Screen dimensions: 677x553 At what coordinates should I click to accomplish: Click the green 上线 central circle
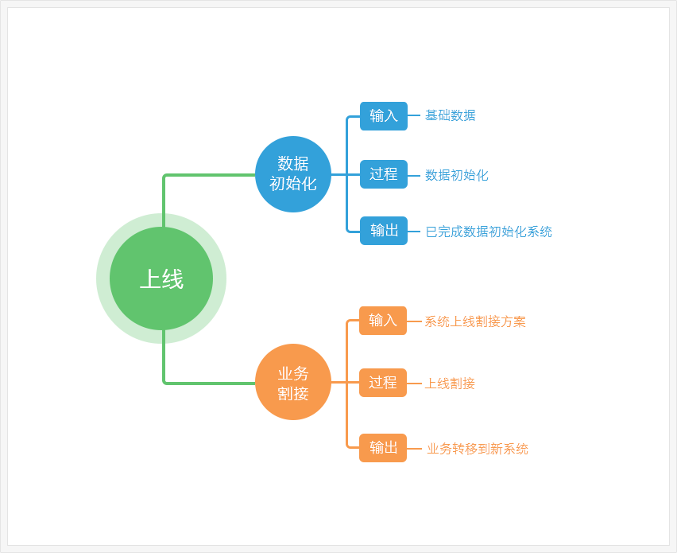coord(161,278)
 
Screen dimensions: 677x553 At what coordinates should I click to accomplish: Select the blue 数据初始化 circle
coord(293,174)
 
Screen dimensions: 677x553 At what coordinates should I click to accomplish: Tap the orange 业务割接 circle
coord(293,382)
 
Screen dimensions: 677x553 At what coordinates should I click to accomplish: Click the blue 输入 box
coord(384,116)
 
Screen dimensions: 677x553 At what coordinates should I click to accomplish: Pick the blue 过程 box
coord(384,174)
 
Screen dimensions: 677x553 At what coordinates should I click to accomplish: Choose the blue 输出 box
coord(384,231)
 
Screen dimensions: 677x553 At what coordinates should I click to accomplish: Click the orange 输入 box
coord(383,321)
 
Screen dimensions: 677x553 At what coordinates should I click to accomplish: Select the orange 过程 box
coord(383,383)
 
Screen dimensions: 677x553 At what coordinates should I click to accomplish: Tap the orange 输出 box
coord(383,448)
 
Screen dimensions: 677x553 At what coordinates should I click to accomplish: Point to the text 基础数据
coord(451,115)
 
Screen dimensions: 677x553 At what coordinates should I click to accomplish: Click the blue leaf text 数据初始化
coord(457,175)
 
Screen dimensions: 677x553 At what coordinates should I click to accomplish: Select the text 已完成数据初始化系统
coord(489,232)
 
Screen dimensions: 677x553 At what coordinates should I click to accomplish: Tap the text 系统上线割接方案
coord(475,321)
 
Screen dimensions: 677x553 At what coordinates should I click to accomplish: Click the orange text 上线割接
coord(450,384)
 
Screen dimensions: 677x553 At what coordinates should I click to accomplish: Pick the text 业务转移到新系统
coord(478,449)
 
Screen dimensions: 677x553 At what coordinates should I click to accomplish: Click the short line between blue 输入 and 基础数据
coord(414,115)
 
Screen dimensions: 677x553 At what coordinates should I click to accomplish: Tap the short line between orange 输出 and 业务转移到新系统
coord(414,449)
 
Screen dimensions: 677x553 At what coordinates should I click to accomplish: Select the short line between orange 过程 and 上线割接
coord(414,384)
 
